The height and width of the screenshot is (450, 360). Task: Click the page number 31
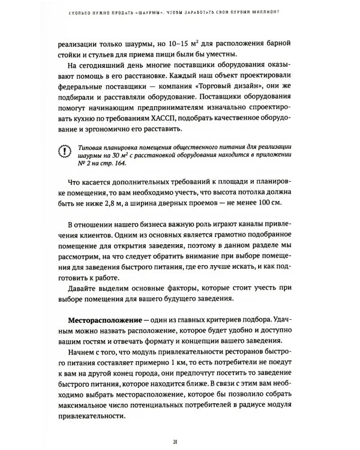pos(181,426)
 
